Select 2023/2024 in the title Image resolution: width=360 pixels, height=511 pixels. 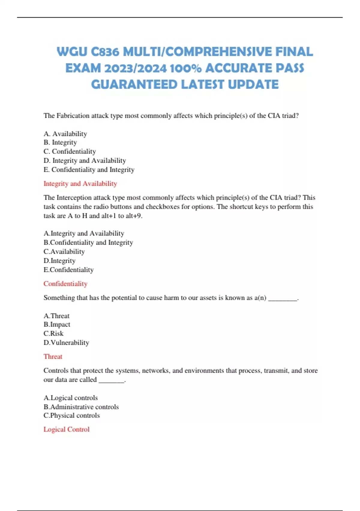point(135,68)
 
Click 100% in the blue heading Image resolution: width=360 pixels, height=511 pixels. point(185,68)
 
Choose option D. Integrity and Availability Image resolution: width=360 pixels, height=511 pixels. point(85,161)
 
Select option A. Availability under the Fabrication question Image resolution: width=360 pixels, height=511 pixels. point(65,134)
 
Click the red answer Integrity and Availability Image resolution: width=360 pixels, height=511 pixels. point(80,184)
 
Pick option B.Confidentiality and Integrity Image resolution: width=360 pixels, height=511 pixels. point(88,243)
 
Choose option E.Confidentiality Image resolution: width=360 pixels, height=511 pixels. point(68,270)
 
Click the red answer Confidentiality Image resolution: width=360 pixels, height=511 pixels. point(65,284)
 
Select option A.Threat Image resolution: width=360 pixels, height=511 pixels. point(56,316)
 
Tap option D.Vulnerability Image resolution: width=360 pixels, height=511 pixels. point(66,343)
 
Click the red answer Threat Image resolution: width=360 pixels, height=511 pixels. point(53,356)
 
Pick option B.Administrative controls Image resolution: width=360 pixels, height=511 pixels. point(81,407)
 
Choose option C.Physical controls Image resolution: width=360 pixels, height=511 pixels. point(71,415)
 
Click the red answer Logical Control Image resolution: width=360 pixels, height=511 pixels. point(66,429)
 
